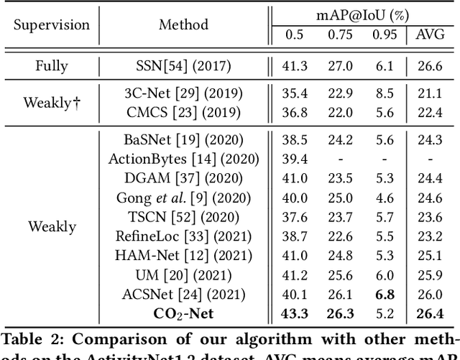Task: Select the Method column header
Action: coord(184,25)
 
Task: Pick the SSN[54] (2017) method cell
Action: coord(184,66)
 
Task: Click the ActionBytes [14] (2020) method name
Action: coord(184,159)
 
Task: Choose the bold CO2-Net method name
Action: coord(184,312)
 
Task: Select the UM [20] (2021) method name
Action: coord(184,274)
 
